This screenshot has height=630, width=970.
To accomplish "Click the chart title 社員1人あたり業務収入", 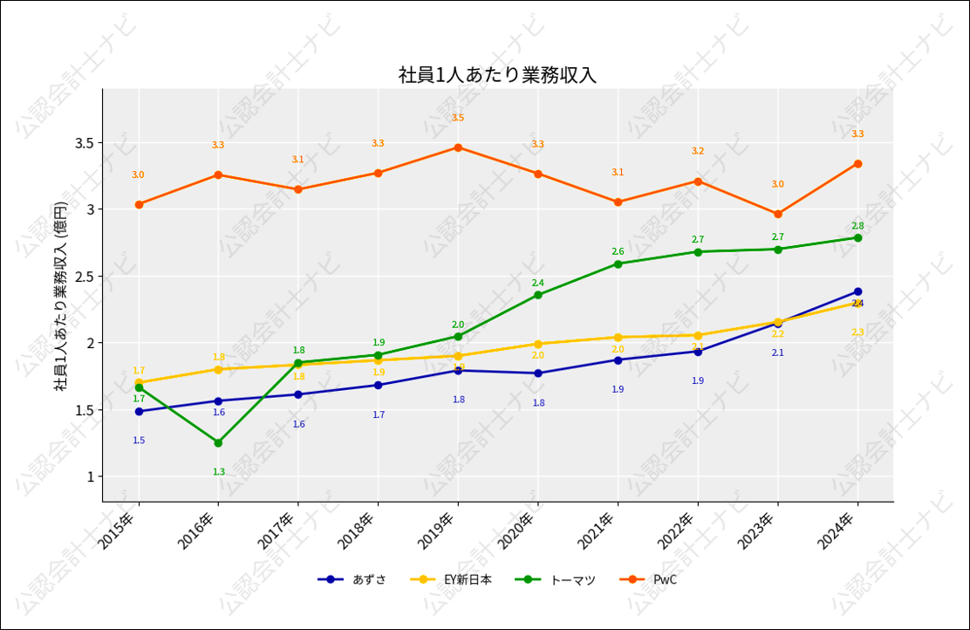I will click(497, 75).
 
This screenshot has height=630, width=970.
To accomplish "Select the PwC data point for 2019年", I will click(458, 147).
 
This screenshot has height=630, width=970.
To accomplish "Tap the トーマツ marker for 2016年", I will click(218, 443).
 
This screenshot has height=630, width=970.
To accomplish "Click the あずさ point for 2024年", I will click(857, 291).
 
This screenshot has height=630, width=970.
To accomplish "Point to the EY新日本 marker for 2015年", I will click(139, 382).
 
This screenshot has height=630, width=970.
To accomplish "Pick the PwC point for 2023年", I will click(778, 214).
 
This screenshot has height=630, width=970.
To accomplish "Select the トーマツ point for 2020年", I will click(538, 295).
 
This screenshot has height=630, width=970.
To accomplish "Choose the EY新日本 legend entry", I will click(451, 579).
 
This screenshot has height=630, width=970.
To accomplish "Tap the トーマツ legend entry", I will click(556, 579).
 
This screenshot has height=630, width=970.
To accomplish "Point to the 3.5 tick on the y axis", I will click(85, 143).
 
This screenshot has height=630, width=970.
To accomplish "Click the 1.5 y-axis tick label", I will click(85, 410).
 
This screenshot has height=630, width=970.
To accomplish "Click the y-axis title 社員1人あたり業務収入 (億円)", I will click(61, 296).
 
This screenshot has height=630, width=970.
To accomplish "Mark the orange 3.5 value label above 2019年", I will click(458, 118).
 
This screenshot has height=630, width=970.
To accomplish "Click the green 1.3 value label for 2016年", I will click(218, 472).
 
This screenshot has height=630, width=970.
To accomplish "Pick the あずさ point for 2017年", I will click(298, 394).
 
